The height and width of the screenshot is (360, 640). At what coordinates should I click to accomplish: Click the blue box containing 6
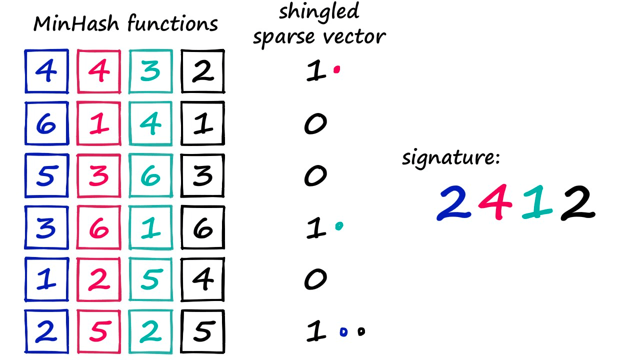(x=46, y=123)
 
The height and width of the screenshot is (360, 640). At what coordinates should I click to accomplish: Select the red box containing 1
(x=98, y=123)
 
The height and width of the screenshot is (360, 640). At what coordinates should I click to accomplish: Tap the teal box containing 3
(x=150, y=71)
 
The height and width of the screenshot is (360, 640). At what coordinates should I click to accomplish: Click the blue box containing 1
(x=46, y=279)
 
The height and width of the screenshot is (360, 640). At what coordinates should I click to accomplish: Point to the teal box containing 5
(x=150, y=279)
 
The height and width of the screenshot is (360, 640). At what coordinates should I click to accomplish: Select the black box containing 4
(x=202, y=279)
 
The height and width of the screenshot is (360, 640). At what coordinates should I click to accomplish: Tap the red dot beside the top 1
(x=337, y=70)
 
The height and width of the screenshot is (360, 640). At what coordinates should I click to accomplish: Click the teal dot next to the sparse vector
(x=339, y=226)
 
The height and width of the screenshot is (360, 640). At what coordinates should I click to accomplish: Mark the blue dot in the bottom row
(x=343, y=331)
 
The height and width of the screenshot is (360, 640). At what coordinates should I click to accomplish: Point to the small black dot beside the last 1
(x=361, y=331)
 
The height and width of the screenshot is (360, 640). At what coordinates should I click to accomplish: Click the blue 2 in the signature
(x=454, y=203)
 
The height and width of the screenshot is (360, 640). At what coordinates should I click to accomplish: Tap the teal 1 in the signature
(x=537, y=203)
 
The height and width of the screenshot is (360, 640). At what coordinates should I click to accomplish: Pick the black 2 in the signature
(x=577, y=203)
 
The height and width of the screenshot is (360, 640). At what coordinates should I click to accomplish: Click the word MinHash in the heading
(x=77, y=24)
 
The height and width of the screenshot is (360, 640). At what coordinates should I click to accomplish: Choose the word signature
(x=450, y=158)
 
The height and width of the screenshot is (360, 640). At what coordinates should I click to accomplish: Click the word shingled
(x=318, y=11)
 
